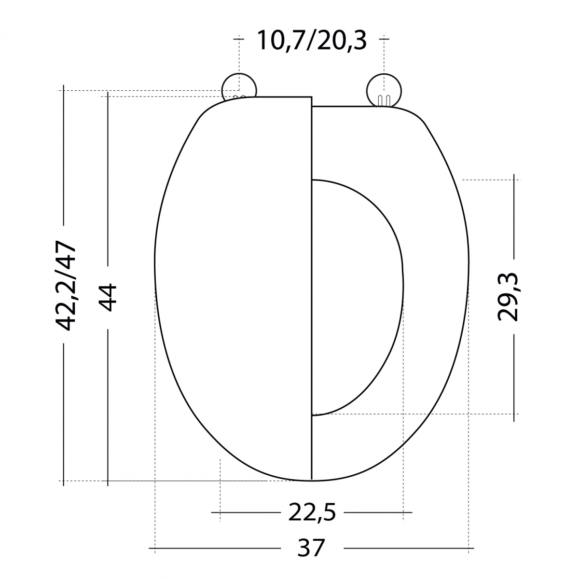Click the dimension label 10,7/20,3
point(311,40)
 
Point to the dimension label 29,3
point(508,297)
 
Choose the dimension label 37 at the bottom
point(311,548)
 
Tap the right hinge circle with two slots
point(384,89)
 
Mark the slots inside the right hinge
point(384,100)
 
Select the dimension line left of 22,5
point(246,512)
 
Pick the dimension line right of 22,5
point(379,512)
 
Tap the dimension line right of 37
point(408,548)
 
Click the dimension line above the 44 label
point(108,179)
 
